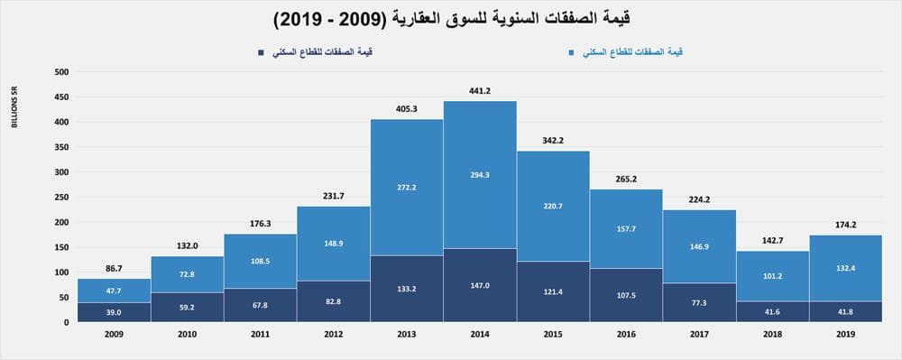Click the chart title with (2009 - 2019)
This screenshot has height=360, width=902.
[451, 19]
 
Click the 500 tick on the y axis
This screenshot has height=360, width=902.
[61, 71]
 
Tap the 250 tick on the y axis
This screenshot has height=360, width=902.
[61, 197]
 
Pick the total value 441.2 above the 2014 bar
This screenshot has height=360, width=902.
[480, 90]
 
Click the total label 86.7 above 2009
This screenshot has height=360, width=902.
[114, 268]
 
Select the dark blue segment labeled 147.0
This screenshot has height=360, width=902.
[480, 285]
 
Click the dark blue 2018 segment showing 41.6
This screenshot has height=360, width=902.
[773, 311]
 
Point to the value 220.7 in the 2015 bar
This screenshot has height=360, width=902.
[553, 206]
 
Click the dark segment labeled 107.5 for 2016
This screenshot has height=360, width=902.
[626, 294]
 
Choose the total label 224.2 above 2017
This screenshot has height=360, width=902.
[699, 199]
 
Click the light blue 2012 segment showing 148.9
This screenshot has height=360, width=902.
[333, 243]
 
